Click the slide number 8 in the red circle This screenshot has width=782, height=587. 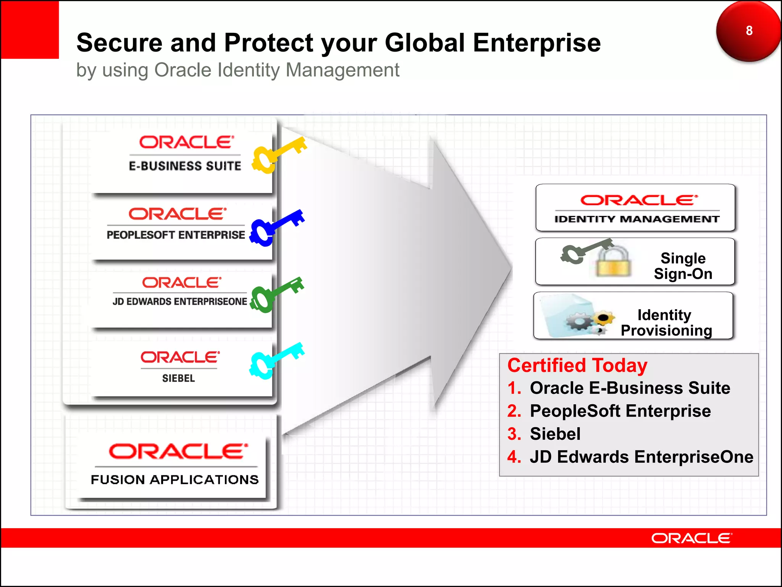(x=749, y=31)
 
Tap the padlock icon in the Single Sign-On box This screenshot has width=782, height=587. (x=613, y=262)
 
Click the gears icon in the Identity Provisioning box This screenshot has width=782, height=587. (x=588, y=321)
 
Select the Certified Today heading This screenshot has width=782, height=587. (x=577, y=365)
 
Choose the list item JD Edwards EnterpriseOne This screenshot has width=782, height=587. (x=641, y=457)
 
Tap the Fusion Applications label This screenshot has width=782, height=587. (x=174, y=480)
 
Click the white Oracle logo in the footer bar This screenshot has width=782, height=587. (x=691, y=538)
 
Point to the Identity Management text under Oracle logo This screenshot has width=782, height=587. (x=637, y=219)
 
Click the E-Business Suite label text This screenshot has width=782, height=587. (x=185, y=166)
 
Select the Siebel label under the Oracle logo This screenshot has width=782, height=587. (x=178, y=378)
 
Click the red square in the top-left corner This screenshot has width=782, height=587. (x=30, y=30)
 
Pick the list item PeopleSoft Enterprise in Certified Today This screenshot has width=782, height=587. (x=620, y=411)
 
